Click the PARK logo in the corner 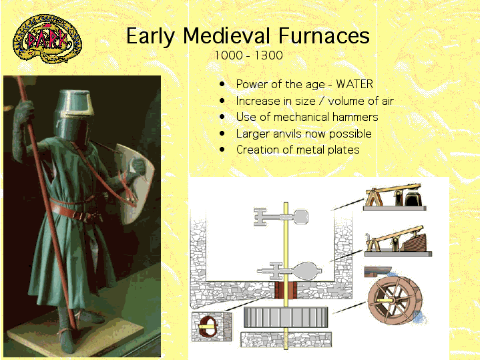(x=47, y=39)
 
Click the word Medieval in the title (x=226, y=36)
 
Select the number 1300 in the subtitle (x=268, y=55)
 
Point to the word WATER (x=354, y=84)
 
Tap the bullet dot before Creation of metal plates (x=222, y=150)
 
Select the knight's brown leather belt (x=75, y=211)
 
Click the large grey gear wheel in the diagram (x=286, y=317)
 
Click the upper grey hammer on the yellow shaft (x=280, y=217)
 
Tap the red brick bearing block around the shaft (x=286, y=290)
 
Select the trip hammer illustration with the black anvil (x=395, y=197)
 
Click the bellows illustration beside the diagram (x=398, y=241)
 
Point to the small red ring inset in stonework (x=207, y=327)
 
